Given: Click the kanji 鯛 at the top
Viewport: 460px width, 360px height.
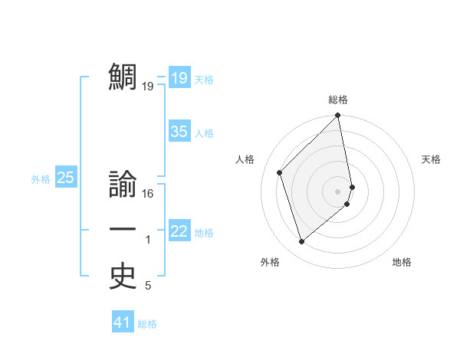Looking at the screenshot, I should [123, 77].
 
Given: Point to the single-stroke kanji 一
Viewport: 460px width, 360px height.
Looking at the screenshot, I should [123, 230].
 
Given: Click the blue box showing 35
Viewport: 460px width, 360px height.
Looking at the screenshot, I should [179, 132].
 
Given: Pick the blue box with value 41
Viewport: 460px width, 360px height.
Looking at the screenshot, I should [123, 323].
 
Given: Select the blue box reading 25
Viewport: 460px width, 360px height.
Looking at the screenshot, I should [65, 178].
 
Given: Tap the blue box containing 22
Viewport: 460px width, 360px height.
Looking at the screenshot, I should [179, 231].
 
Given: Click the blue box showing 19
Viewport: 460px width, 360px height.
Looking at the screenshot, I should [179, 78].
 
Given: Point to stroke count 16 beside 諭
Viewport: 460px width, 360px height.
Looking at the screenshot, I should [148, 194].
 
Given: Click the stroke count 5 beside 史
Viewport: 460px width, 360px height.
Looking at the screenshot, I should [148, 286].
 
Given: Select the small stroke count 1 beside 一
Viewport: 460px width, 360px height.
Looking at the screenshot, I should [148, 241].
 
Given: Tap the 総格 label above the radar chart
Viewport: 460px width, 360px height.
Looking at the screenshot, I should [338, 100].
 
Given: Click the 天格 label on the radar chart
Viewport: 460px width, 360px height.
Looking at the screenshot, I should [431, 159].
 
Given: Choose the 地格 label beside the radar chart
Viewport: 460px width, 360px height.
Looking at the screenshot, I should [402, 262].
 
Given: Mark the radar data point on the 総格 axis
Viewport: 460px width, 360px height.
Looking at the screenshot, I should [338, 116].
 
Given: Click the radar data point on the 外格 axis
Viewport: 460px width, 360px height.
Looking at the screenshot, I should [301, 242].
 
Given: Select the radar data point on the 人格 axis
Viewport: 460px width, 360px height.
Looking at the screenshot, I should [280, 172].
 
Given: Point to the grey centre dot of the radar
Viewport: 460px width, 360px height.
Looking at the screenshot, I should [338, 191].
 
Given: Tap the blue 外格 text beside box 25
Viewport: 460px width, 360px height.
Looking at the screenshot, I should [41, 179].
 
